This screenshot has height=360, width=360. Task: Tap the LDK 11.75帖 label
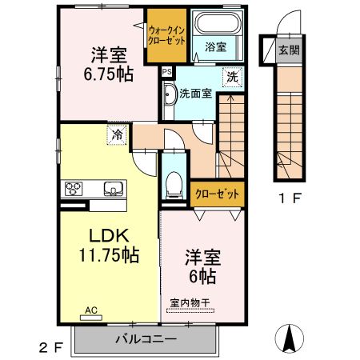click(x=109, y=246)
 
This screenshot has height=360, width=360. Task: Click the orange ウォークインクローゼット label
click(x=165, y=36)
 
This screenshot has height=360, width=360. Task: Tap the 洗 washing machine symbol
click(x=232, y=78)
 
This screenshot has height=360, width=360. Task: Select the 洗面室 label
click(x=195, y=93)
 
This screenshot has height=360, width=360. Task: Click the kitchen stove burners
click(x=74, y=190)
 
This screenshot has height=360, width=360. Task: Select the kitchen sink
click(x=112, y=190)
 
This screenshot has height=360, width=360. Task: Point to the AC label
click(x=91, y=309)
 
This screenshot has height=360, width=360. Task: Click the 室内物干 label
click(x=190, y=302)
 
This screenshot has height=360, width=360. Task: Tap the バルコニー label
click(x=145, y=340)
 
